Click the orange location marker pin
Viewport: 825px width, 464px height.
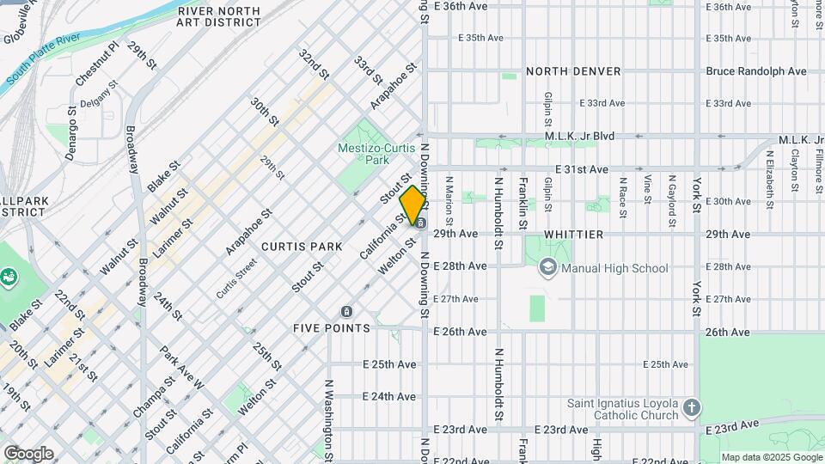[412, 205]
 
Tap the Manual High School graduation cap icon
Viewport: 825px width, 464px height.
[547, 268]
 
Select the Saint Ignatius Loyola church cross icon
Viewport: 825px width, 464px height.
[693, 407]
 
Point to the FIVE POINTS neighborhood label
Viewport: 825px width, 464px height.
[331, 328]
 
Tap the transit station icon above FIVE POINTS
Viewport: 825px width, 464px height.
[346, 311]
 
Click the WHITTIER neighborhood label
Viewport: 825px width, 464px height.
[572, 234]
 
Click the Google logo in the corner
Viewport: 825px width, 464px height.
[28, 453]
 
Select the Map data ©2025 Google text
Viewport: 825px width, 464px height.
[771, 457]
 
